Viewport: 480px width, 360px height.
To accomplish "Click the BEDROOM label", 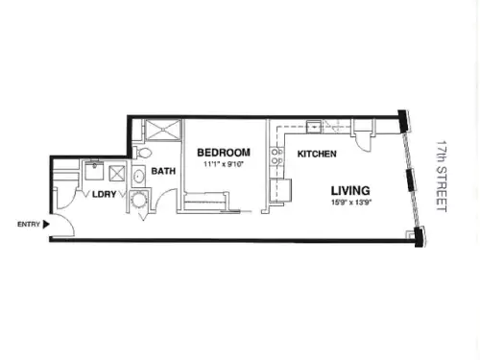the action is click(224, 153).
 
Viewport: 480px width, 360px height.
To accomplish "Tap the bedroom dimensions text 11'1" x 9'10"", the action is click(224, 164).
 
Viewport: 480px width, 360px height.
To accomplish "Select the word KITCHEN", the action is click(317, 154).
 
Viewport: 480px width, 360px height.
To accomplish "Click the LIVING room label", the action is click(350, 191).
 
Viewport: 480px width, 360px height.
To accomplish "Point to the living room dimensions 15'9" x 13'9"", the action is click(351, 203).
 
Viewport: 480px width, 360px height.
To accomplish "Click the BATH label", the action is click(163, 171).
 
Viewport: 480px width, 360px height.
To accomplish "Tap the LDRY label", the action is click(104, 194).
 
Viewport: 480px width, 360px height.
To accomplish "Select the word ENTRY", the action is click(29, 225).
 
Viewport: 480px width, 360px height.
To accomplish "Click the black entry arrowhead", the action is click(46, 225).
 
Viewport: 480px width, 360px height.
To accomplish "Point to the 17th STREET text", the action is click(442, 176).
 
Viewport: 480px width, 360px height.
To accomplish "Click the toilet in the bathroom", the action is click(142, 153).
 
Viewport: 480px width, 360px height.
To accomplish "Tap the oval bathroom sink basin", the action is click(138, 177).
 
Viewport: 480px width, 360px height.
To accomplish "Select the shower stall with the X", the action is click(163, 130).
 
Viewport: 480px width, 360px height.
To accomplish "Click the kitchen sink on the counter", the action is click(314, 127).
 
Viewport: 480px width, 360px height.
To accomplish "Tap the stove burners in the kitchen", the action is click(277, 156).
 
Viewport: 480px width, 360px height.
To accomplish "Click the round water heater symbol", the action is click(139, 199).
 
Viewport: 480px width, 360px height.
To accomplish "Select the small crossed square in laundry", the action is click(117, 174).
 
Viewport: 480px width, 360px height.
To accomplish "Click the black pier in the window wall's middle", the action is click(411, 180).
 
